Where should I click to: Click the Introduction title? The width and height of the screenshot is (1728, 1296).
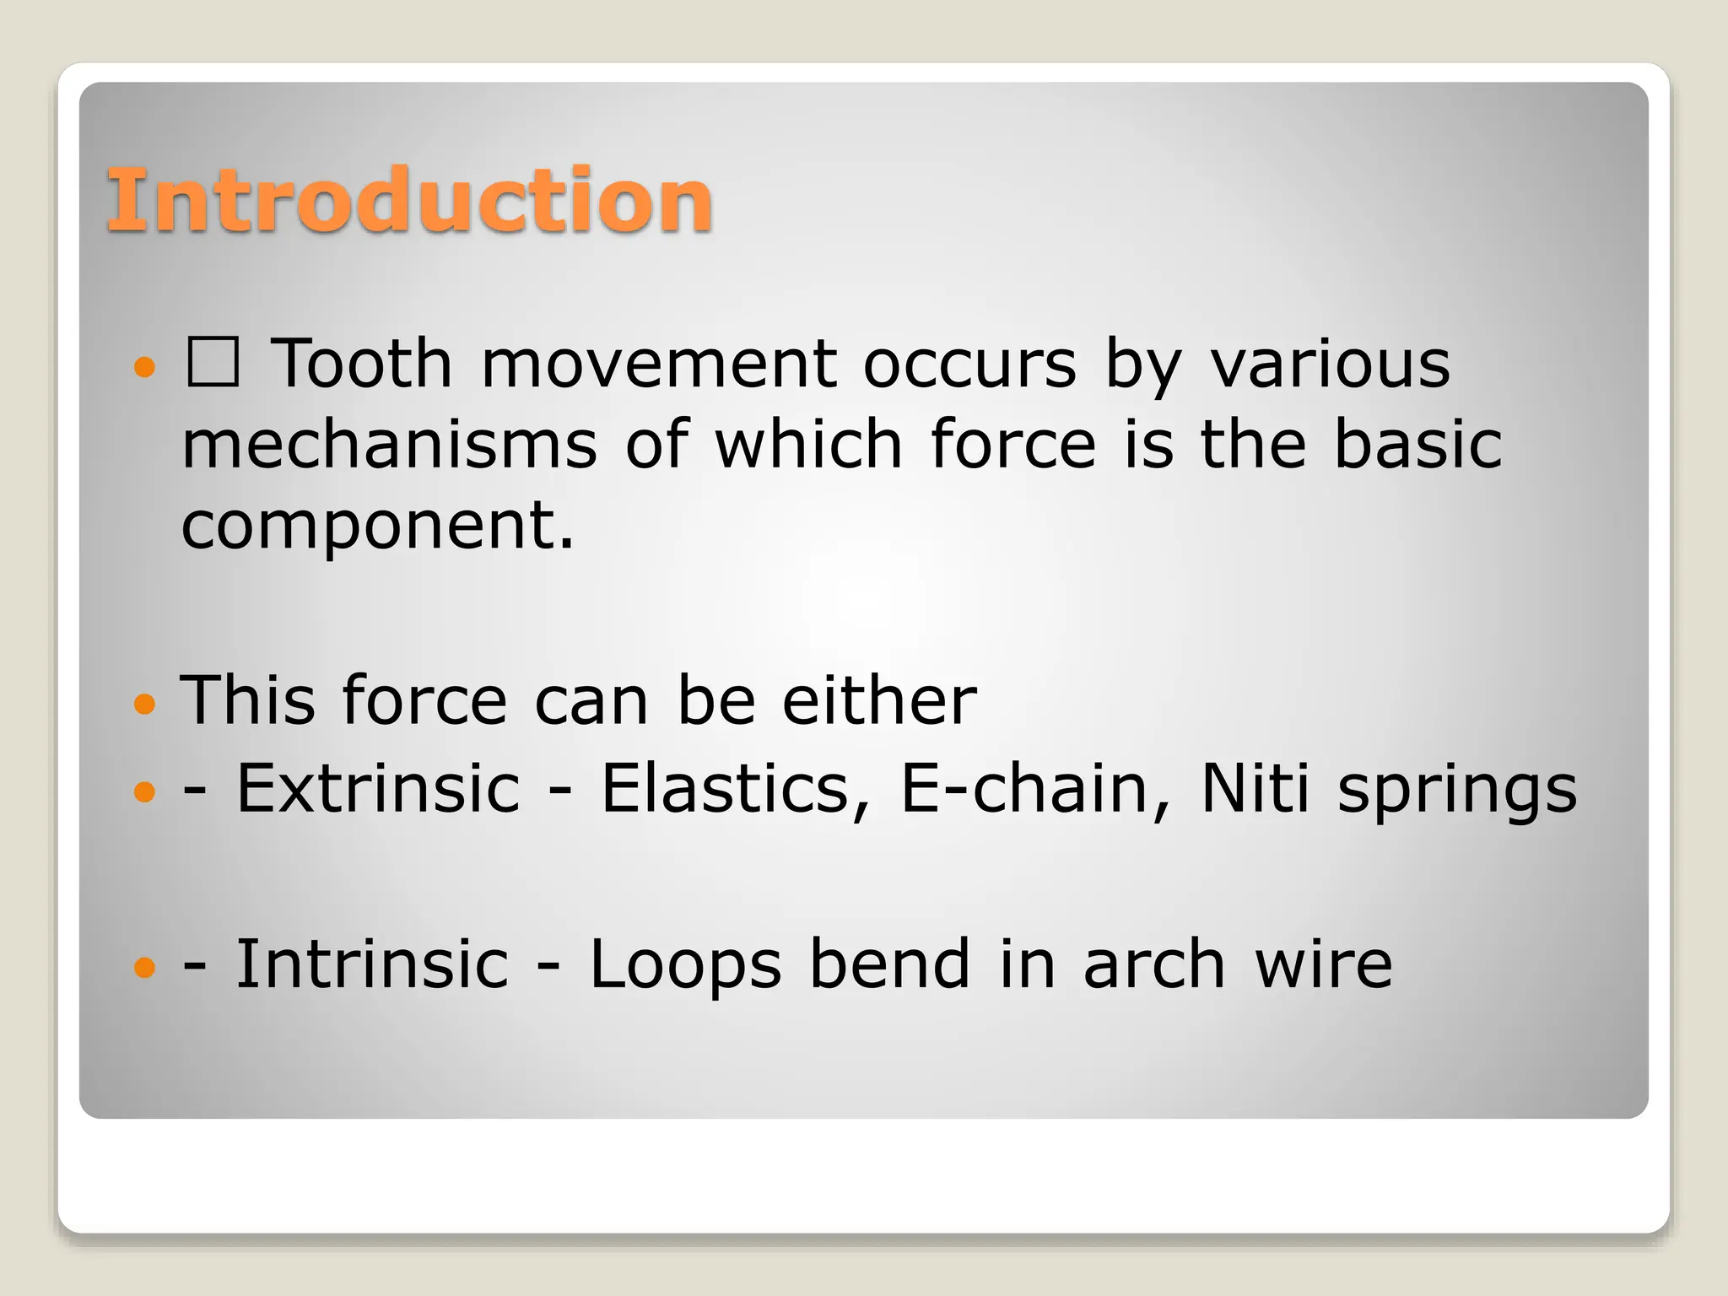pyautogui.click(x=410, y=200)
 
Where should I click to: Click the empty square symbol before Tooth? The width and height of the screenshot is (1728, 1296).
pyautogui.click(x=213, y=362)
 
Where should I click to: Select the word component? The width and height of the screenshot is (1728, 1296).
pyautogui.click(x=377, y=526)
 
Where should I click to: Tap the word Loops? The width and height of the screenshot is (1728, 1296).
pyautogui.click(x=685, y=966)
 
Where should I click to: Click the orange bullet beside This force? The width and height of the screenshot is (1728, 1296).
pyautogui.click(x=145, y=703)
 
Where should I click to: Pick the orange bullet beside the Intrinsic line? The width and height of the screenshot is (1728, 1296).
pyautogui.click(x=145, y=966)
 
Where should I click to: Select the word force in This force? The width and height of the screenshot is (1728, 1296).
pyautogui.click(x=424, y=699)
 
